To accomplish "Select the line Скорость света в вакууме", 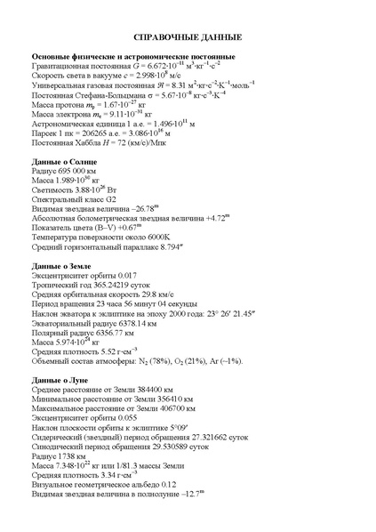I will coord(100,76).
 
